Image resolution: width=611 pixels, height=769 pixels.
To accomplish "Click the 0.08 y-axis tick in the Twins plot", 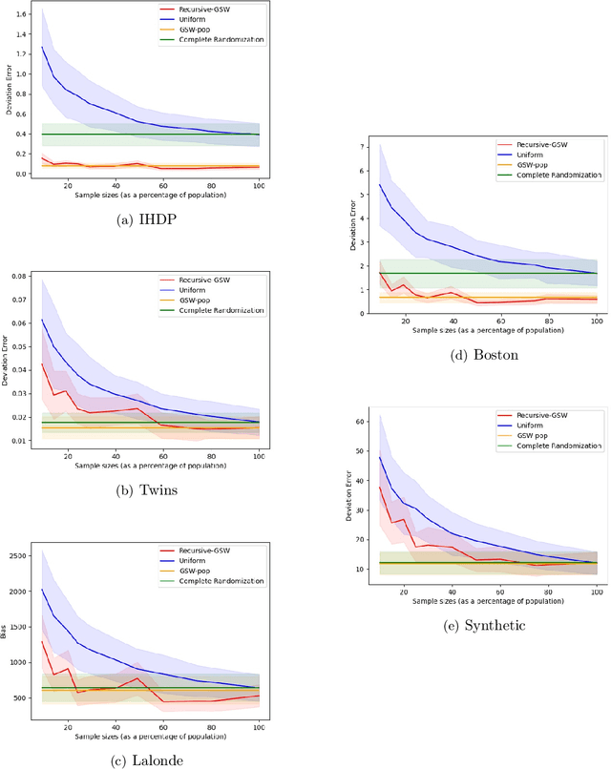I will coord(19,277).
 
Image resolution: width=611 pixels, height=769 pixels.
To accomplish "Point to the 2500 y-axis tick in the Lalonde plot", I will coord(17,555).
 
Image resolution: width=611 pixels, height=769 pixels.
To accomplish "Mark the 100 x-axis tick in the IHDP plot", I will coord(260,184).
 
